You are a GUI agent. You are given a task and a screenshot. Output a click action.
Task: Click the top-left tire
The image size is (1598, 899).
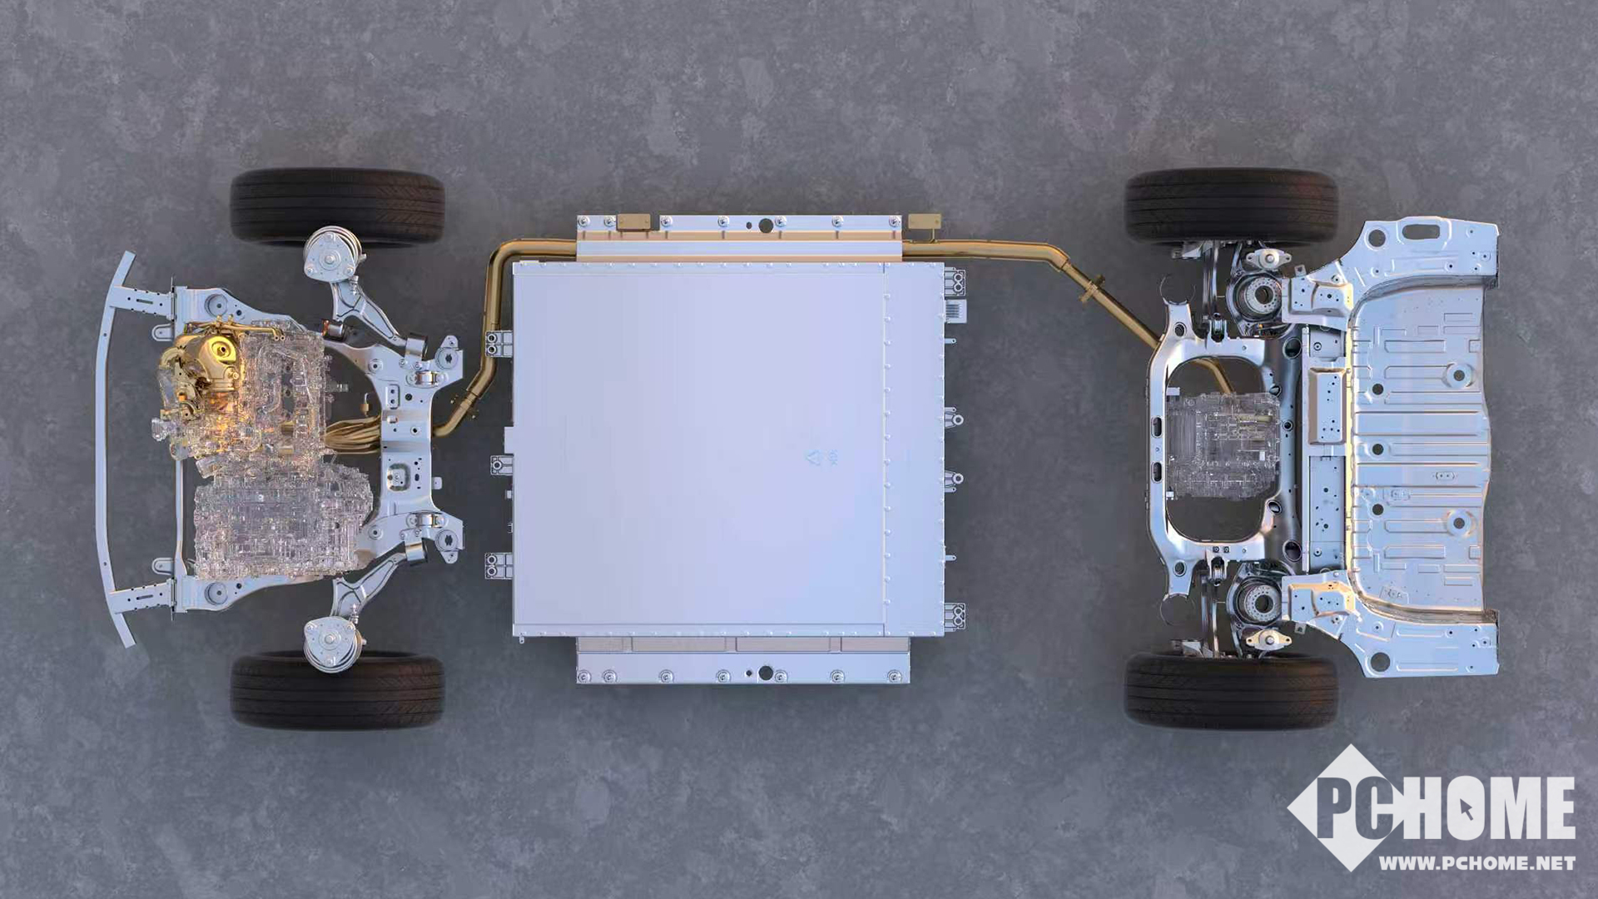pos(337,206)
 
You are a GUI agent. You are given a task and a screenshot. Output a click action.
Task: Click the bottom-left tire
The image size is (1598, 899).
pos(337,691)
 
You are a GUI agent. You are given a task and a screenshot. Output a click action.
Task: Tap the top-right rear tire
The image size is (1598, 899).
pos(1232,206)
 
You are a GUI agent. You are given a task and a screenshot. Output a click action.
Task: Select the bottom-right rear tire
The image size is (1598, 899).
pos(1232,689)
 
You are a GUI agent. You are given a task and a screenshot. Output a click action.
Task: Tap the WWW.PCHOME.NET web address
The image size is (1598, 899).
pos(1476,863)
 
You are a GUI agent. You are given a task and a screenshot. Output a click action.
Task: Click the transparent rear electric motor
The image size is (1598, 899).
pos(1222,445)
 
